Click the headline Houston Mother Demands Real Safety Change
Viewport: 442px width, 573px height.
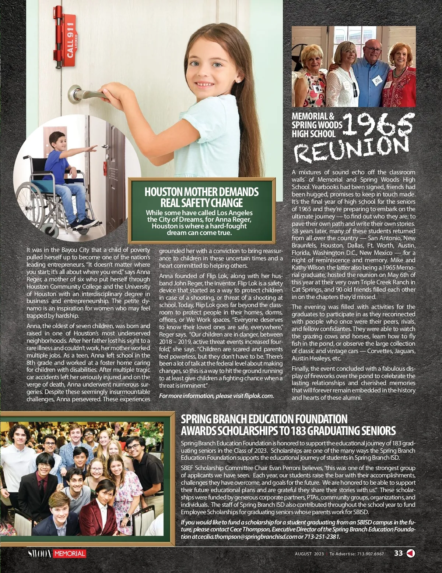[201, 197]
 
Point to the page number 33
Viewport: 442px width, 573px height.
[398, 553]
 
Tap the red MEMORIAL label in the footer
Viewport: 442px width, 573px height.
[70, 554]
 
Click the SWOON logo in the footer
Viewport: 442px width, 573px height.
[40, 554]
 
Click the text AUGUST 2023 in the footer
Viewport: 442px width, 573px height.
[309, 554]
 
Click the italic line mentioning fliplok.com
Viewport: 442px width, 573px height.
[216, 396]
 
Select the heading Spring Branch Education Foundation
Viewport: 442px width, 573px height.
[264, 419]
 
